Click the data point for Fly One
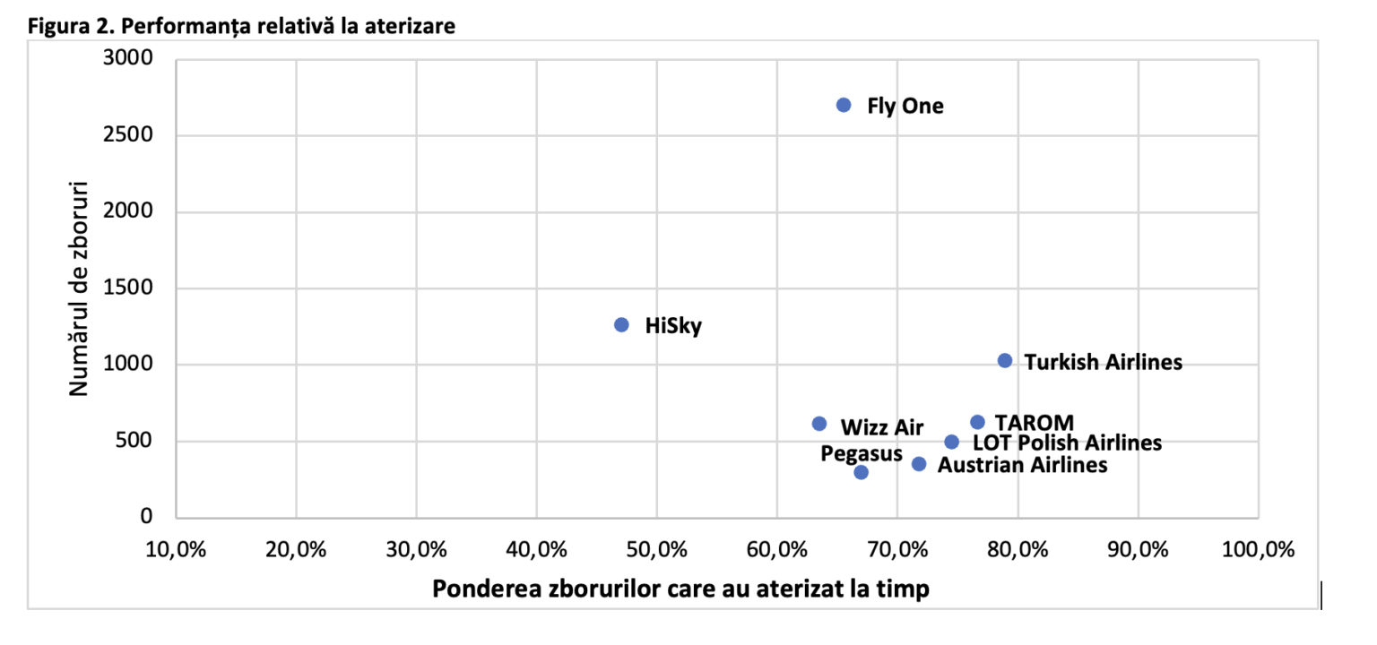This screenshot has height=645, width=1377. pyautogui.click(x=843, y=105)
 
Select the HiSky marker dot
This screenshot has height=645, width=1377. pyautogui.click(x=621, y=324)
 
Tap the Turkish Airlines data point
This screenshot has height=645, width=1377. pyautogui.click(x=1004, y=360)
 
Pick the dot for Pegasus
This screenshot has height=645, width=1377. pyautogui.click(x=861, y=472)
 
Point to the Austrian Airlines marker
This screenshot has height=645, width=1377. pyautogui.click(x=918, y=464)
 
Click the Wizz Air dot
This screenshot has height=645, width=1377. pyautogui.click(x=818, y=424)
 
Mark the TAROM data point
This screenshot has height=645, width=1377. pyautogui.click(x=977, y=422)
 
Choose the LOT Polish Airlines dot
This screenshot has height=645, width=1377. pyautogui.click(x=951, y=442)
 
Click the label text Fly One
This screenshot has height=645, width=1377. pyautogui.click(x=905, y=107)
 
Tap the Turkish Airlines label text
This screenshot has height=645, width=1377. pyautogui.click(x=1103, y=363)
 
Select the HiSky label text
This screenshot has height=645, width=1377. pyautogui.click(x=673, y=326)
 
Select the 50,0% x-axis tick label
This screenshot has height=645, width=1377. pyautogui.click(x=655, y=549)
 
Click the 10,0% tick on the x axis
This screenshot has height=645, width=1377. pyautogui.click(x=176, y=549)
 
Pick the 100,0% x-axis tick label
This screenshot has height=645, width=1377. pyautogui.click(x=1258, y=549)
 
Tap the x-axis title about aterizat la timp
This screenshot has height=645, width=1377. pyautogui.click(x=680, y=589)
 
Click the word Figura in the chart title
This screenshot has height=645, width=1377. pyautogui.click(x=56, y=26)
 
